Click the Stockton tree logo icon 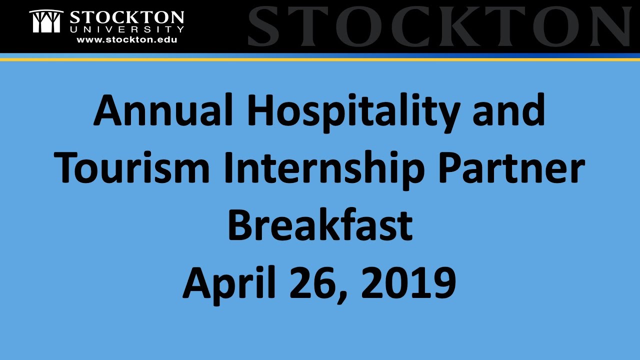[46, 21]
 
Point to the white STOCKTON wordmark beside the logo [126, 17]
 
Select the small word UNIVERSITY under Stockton [126, 30]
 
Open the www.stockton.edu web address [126, 39]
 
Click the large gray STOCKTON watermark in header [440, 26]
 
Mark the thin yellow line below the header [320, 59]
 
